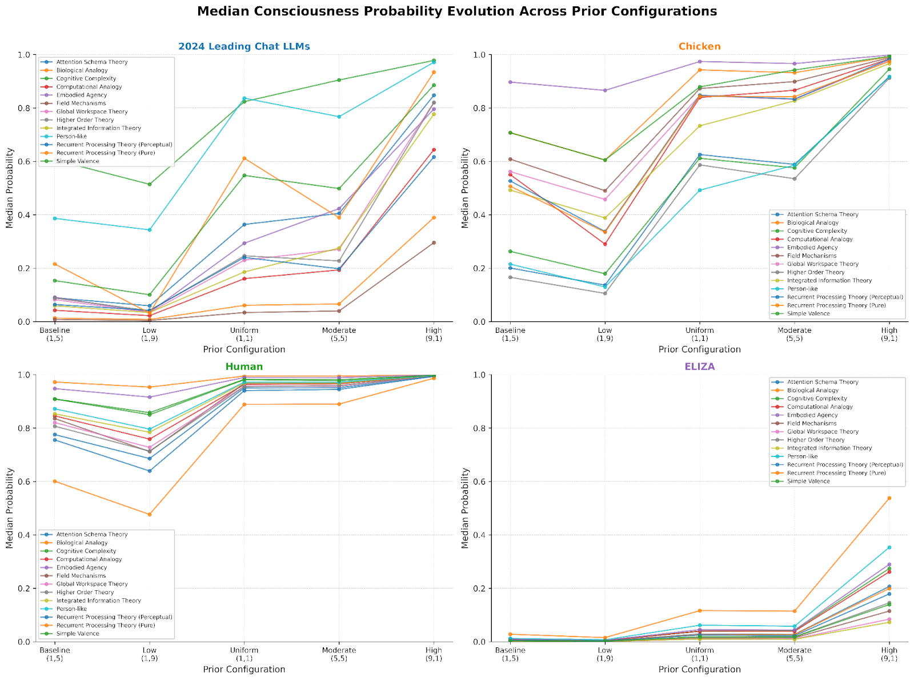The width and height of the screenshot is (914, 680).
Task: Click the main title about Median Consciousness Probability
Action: (x=457, y=11)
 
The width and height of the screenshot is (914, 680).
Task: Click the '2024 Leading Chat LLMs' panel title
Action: (x=244, y=46)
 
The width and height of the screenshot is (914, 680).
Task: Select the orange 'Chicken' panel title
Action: (x=699, y=46)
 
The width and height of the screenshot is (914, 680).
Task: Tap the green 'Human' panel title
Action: (x=244, y=367)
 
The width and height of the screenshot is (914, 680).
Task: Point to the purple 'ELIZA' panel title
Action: (x=699, y=367)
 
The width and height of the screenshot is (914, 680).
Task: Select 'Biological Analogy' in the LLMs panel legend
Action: (x=82, y=70)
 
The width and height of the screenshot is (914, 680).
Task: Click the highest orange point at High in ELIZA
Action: (x=889, y=498)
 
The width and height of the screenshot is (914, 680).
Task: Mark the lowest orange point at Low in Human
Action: (x=150, y=514)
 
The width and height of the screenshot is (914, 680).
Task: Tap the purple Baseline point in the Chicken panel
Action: (x=510, y=82)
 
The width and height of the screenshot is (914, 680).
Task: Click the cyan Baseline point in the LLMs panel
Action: (x=55, y=218)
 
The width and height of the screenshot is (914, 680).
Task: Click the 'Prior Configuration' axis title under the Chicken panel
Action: (x=699, y=349)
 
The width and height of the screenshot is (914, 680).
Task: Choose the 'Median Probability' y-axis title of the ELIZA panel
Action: (x=465, y=508)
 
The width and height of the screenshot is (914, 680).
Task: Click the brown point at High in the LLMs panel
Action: (x=434, y=242)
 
